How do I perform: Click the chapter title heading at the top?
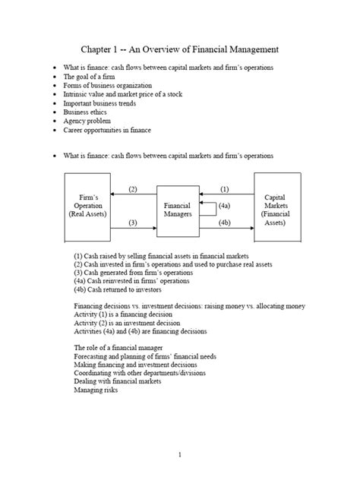(180, 49)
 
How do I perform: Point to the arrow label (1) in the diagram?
(225, 188)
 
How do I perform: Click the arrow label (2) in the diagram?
(133, 188)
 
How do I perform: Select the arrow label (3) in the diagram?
(133, 223)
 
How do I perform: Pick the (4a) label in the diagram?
(226, 205)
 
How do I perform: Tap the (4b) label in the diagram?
(226, 223)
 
